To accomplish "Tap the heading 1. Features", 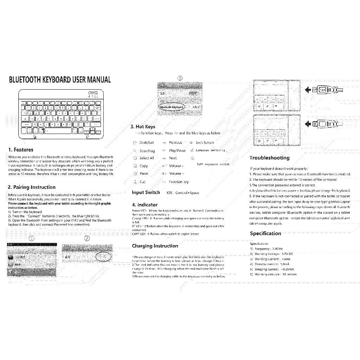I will tap(20, 149).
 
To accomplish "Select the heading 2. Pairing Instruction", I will tap(32, 187).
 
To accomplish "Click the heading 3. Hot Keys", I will tap(143, 127).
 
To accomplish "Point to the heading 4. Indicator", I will tap(145, 205).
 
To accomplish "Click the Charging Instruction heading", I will tap(155, 245).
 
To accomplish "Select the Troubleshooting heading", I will tap(270, 158).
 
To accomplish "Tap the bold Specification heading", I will tap(265, 233).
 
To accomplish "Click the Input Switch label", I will tap(146, 192).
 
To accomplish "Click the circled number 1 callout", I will tap(32, 238).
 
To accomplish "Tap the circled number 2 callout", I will tap(87, 238).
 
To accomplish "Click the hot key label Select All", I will tap(147, 158).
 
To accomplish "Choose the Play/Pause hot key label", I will tap(177, 150).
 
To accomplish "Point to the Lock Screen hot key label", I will tap(205, 143).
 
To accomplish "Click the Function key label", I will tap(179, 182).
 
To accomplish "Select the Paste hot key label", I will tap(144, 174).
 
